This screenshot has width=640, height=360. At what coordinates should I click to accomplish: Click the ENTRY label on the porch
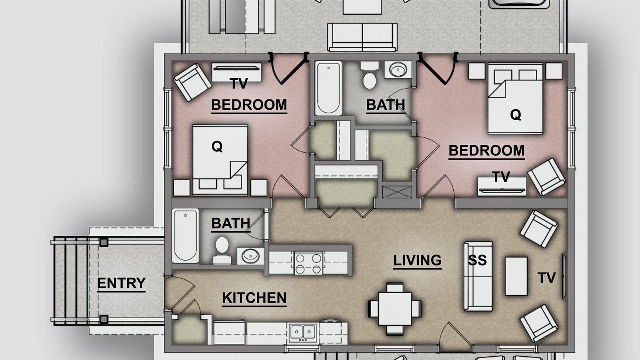(x=121, y=283)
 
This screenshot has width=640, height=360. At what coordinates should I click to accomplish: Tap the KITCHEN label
(x=254, y=298)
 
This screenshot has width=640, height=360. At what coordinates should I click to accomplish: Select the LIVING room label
(x=417, y=260)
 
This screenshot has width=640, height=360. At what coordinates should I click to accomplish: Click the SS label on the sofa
(x=477, y=260)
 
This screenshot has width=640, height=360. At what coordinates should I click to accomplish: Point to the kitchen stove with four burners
(x=308, y=263)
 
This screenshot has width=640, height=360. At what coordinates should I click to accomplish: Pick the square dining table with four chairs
(x=395, y=309)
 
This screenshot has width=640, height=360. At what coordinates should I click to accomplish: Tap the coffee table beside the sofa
(x=516, y=276)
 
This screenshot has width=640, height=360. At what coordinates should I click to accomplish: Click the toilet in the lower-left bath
(x=222, y=250)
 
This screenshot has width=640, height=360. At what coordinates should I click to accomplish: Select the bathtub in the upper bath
(x=328, y=88)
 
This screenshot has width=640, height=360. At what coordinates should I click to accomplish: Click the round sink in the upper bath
(x=398, y=70)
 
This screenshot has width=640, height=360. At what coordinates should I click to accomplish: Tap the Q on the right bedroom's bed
(x=515, y=115)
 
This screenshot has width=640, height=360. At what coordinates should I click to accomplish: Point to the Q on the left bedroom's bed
(x=217, y=147)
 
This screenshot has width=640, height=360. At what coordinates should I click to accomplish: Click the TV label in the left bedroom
(x=239, y=84)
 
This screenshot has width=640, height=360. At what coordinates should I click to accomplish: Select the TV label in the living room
(x=547, y=278)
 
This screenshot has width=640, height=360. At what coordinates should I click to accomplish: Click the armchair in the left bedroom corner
(x=193, y=83)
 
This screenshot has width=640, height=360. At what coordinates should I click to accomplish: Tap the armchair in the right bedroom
(x=547, y=177)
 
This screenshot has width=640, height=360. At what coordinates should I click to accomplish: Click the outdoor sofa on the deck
(x=362, y=37)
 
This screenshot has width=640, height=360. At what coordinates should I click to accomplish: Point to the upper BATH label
(x=385, y=105)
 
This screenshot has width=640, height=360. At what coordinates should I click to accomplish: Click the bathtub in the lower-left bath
(x=185, y=235)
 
